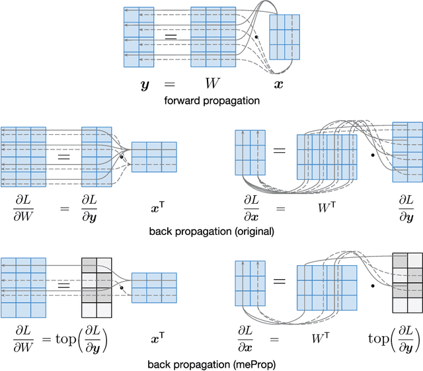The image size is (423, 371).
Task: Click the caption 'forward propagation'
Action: (x=211, y=101)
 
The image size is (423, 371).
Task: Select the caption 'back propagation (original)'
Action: (x=211, y=231)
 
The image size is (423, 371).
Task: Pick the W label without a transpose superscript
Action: (x=212, y=85)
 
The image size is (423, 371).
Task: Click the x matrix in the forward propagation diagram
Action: (x=285, y=36)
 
